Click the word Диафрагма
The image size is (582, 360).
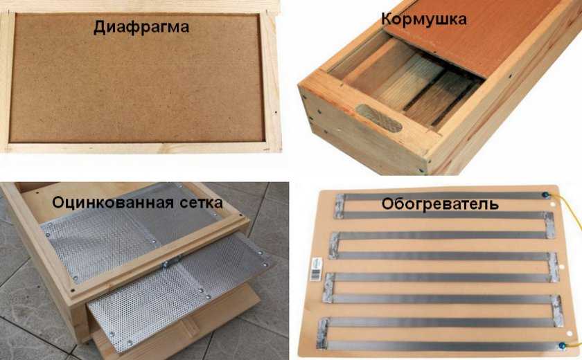coord(141,27)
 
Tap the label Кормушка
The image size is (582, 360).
coord(424,19)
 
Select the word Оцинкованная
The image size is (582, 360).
coord(113,202)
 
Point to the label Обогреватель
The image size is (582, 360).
coord(440,204)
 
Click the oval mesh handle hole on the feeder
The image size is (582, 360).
coord(379,118)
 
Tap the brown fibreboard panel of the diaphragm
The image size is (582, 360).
coord(136,78)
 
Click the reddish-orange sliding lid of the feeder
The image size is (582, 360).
coord(471,35)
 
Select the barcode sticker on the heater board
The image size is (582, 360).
coord(316,269)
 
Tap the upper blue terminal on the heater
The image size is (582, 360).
coord(545,195)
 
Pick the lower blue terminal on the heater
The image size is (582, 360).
coord(563,345)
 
